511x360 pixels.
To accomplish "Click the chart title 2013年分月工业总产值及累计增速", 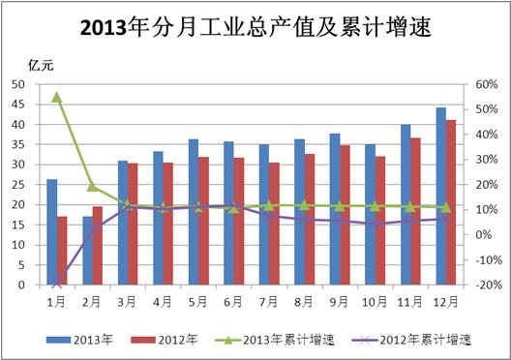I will pyautogui.click(x=255, y=30).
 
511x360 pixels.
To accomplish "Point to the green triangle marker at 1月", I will pyautogui.click(x=57, y=97).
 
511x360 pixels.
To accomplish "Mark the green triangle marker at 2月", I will pyautogui.click(x=92, y=186).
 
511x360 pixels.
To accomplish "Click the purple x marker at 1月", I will pyautogui.click(x=57, y=283).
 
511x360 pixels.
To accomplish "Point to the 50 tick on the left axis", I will pyautogui.click(x=19, y=84).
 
